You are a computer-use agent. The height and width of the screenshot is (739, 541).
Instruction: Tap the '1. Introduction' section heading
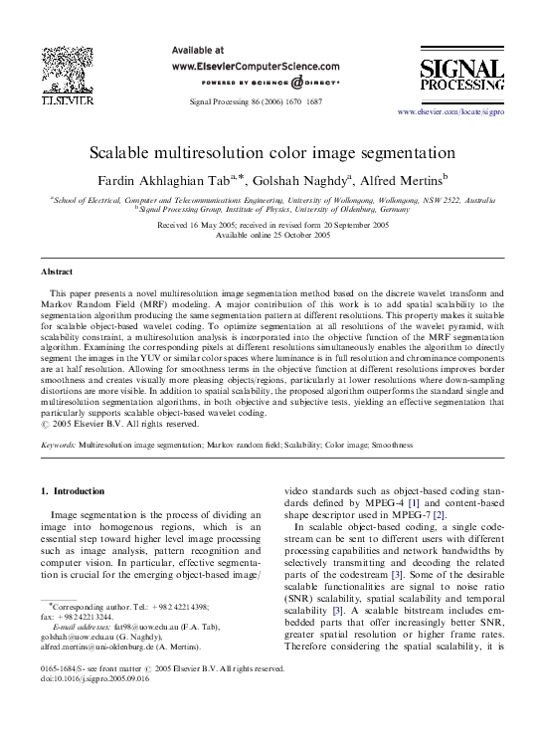[x=77, y=491]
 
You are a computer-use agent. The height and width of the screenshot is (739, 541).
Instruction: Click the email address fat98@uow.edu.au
[x=134, y=659]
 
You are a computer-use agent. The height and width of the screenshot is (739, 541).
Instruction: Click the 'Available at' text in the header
[x=198, y=49]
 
